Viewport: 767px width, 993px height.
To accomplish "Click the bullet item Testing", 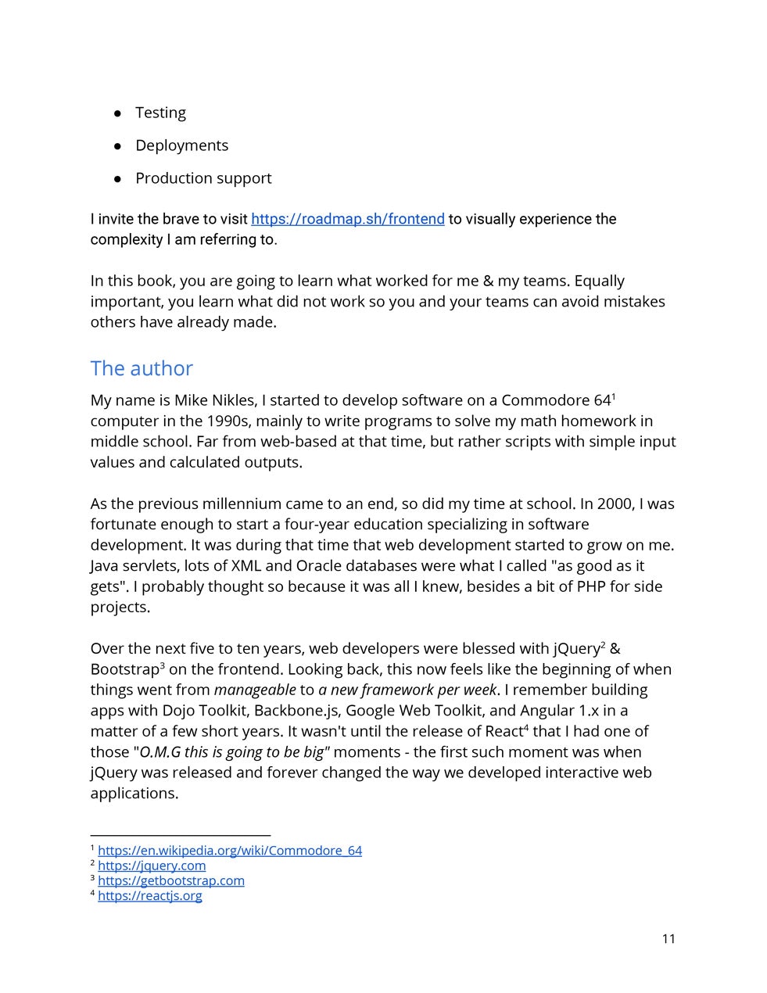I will coord(160,113).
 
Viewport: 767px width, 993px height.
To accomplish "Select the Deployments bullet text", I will coord(181,145).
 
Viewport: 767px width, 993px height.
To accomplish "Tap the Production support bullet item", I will coord(203,178).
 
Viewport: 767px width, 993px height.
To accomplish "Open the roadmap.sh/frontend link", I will coord(347,219).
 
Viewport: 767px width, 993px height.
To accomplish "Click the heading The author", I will coord(142,368).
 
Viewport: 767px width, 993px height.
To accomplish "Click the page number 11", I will coord(668,938).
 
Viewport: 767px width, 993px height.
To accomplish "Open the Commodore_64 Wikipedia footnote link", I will coord(230,851).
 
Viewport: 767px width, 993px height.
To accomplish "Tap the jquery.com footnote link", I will coord(152,866).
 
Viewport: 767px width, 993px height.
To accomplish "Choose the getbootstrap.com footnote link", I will coord(171,880).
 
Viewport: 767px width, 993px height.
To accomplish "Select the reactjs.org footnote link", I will coord(150,895).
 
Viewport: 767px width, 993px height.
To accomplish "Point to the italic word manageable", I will coord(255,690).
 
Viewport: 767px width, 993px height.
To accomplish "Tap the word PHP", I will coord(592,586).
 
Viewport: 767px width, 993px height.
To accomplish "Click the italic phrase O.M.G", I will coord(159,752).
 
